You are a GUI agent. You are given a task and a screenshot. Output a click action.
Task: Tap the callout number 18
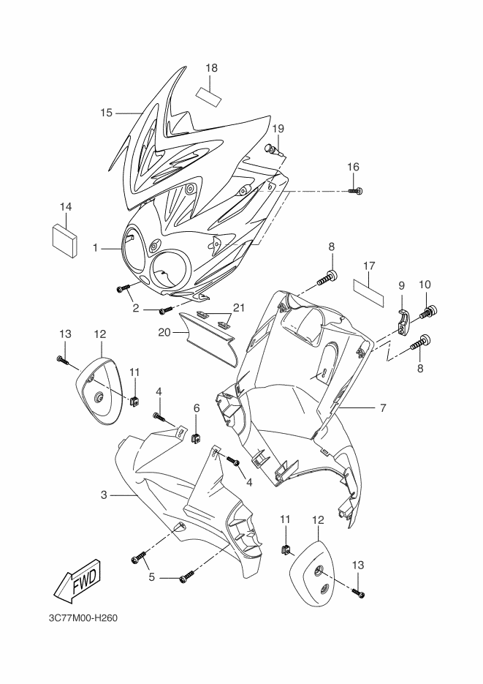pos(212,69)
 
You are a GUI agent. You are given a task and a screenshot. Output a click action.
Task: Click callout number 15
pos(106,113)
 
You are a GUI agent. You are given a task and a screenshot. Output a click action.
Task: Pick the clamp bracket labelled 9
pos(404,320)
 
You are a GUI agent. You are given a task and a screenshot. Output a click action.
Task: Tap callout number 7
pos(382,407)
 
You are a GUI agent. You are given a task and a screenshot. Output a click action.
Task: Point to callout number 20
pos(165,331)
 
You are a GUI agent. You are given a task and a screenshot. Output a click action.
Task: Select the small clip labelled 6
pos(196,438)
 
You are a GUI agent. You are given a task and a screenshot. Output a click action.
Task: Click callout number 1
pos(95,248)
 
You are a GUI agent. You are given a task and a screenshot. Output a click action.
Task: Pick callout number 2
pos(137,309)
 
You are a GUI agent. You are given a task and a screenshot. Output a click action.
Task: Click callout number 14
pos(66,207)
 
